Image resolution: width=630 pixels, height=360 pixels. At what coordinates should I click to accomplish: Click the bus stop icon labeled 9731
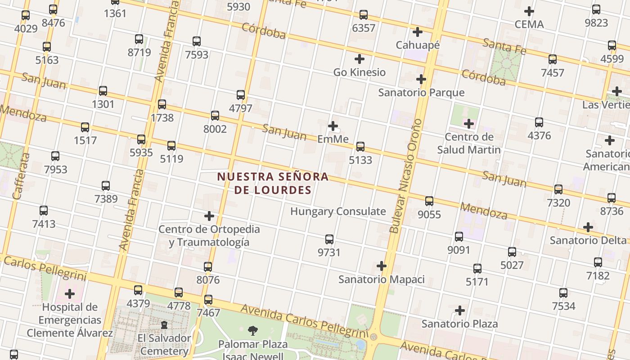click(x=329, y=239)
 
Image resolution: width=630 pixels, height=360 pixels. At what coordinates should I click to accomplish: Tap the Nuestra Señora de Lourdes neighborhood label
click(x=273, y=183)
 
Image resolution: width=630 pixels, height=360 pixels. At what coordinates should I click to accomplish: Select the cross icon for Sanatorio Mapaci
click(x=382, y=266)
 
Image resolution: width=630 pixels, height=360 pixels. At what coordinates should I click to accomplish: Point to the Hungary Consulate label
click(x=338, y=211)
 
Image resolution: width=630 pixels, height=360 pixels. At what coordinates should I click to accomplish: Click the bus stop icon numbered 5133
click(x=360, y=147)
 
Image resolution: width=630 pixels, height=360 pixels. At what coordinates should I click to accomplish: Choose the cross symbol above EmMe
click(x=333, y=126)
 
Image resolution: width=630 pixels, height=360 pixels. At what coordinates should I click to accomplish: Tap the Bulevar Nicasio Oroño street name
click(x=406, y=175)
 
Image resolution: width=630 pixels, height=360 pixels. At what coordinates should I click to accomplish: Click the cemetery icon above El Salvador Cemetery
click(x=164, y=325)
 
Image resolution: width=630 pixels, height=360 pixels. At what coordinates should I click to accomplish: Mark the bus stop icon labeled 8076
click(x=208, y=267)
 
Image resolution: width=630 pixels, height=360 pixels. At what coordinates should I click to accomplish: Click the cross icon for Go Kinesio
click(x=360, y=59)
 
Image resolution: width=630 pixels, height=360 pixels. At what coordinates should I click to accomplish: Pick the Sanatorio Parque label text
click(x=421, y=93)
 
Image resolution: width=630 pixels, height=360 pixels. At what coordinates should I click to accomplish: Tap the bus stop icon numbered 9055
click(x=429, y=201)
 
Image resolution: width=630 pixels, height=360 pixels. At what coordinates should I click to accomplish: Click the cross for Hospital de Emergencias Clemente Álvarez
click(x=70, y=294)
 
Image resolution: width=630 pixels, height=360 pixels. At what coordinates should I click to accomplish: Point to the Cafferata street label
click(x=21, y=176)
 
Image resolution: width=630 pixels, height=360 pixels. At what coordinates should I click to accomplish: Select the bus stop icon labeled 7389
click(x=106, y=185)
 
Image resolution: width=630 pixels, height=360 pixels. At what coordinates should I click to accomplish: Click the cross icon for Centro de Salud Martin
click(x=469, y=124)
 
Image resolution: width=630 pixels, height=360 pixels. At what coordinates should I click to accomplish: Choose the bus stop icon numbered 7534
click(x=563, y=293)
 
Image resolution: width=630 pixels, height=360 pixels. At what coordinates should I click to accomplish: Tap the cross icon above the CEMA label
click(x=529, y=11)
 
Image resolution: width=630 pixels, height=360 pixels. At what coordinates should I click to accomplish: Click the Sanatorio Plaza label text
click(x=459, y=324)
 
